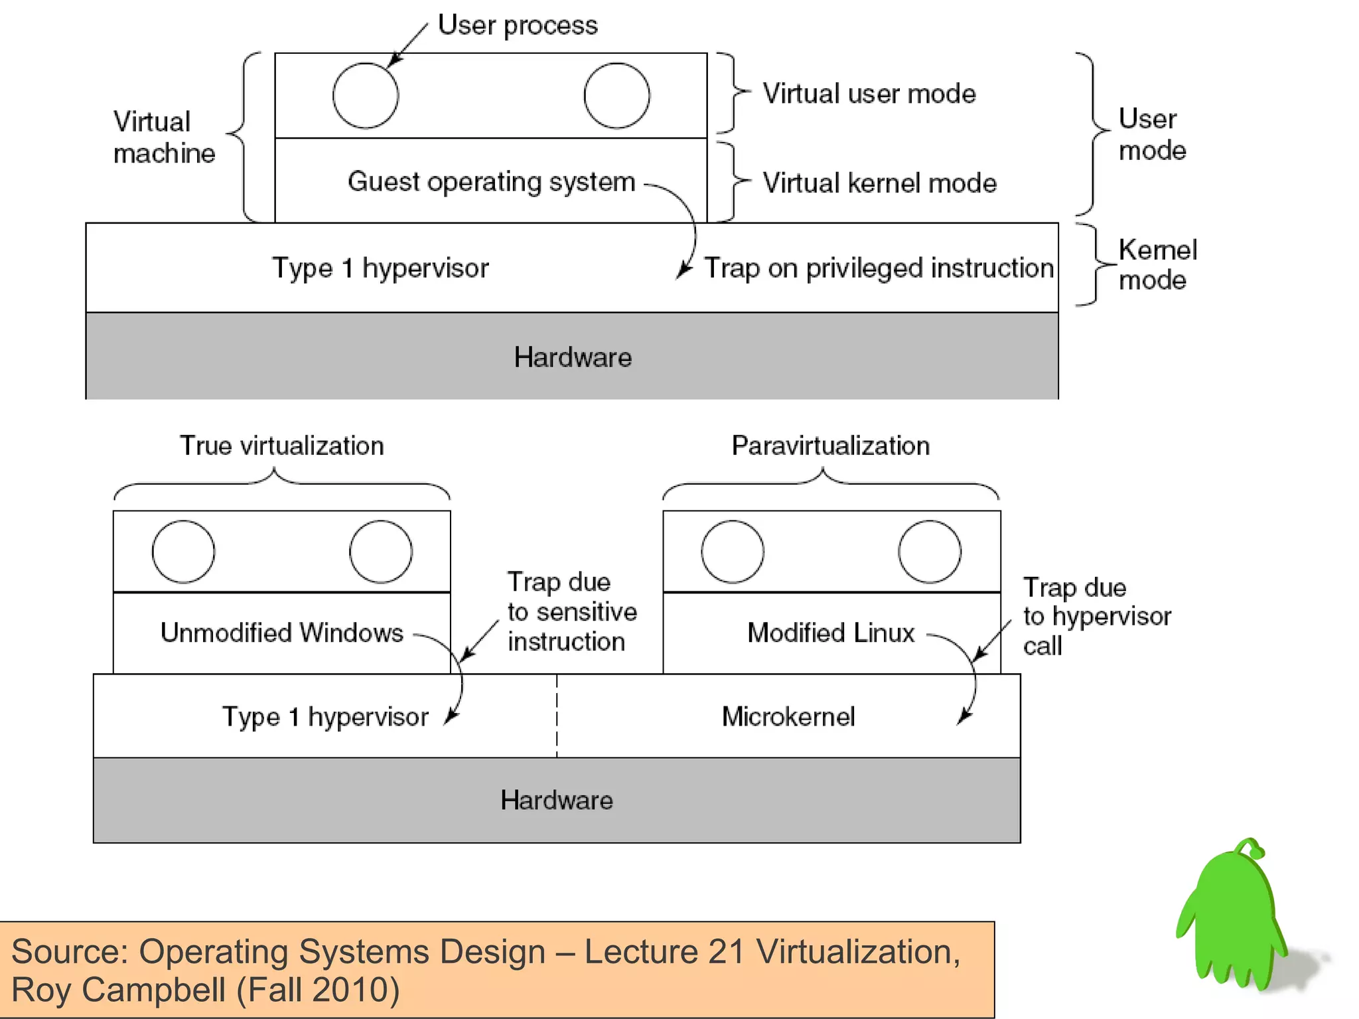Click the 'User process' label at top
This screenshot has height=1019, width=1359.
[518, 26]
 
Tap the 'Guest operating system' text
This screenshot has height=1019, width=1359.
[491, 182]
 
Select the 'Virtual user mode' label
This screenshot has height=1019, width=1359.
[869, 94]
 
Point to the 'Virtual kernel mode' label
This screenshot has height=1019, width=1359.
[879, 183]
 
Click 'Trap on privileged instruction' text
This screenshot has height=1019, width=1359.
[879, 268]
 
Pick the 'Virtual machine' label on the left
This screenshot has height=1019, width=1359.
[164, 137]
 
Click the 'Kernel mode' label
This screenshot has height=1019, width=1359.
[1157, 265]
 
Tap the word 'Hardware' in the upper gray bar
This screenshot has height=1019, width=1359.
[573, 357]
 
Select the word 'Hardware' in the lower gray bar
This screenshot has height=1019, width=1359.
[556, 800]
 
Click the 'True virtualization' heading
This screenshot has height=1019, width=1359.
[281, 445]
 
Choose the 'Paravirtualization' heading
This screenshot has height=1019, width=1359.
[830, 445]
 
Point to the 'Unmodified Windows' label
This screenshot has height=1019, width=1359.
[281, 633]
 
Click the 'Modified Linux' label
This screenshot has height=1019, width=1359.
[830, 633]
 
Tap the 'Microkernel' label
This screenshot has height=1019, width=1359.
[788, 717]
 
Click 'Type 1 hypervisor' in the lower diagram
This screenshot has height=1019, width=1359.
[325, 717]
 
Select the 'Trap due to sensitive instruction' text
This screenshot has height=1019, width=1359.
[571, 611]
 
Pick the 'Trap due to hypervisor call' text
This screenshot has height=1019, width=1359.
[1096, 616]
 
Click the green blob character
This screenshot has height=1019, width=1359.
[1233, 919]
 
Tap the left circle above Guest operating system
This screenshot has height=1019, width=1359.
[366, 96]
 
